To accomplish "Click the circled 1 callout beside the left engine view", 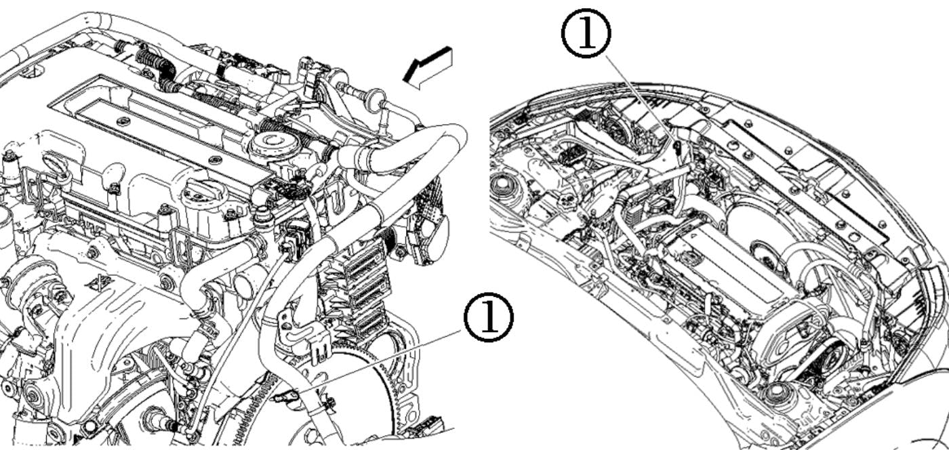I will click(488, 318).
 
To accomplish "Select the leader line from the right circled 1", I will click(641, 98).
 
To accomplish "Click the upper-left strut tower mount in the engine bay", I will click(505, 184).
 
